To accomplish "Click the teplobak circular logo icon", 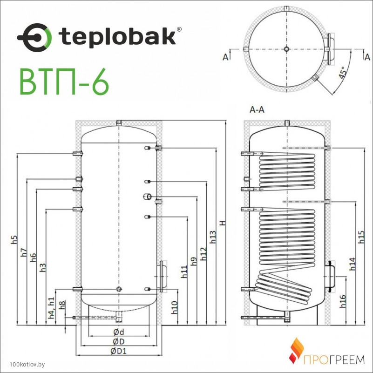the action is coord(34,38).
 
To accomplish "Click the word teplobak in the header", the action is coord(117,36).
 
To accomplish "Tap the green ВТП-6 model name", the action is coord(64,81).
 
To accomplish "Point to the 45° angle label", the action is coord(343,73).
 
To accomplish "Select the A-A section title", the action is coord(257,109).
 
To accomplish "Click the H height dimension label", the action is coord(223,223).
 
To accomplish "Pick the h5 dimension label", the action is coord(14,239).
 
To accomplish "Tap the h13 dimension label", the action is coord(213,237).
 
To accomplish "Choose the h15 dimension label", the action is coord(361,237).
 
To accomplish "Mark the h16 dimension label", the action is coord(343,301).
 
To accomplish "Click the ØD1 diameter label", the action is coord(118,351).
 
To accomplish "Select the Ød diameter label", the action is coord(119,332).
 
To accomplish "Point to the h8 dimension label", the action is coord(62,305).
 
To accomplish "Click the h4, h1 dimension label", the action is coord(52,308).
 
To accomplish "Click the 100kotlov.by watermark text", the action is coord(27,365).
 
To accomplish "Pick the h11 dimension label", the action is coord(184,271).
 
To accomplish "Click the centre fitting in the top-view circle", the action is coord(287,49).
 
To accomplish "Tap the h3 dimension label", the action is coord(43,268).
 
